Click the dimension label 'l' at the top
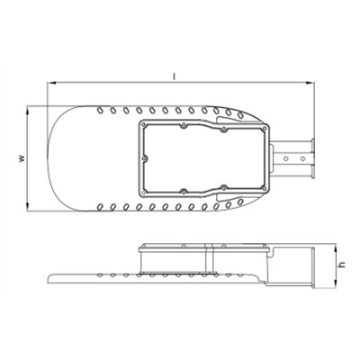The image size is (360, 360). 175,76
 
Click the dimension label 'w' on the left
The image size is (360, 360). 22,158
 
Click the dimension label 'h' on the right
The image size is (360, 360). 342,265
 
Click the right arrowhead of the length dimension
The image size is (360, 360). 310,83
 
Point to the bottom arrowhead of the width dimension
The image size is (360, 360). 28,207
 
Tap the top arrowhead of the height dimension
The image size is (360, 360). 336,247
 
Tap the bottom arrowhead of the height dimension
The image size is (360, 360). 336,283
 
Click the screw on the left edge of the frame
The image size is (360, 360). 145,158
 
